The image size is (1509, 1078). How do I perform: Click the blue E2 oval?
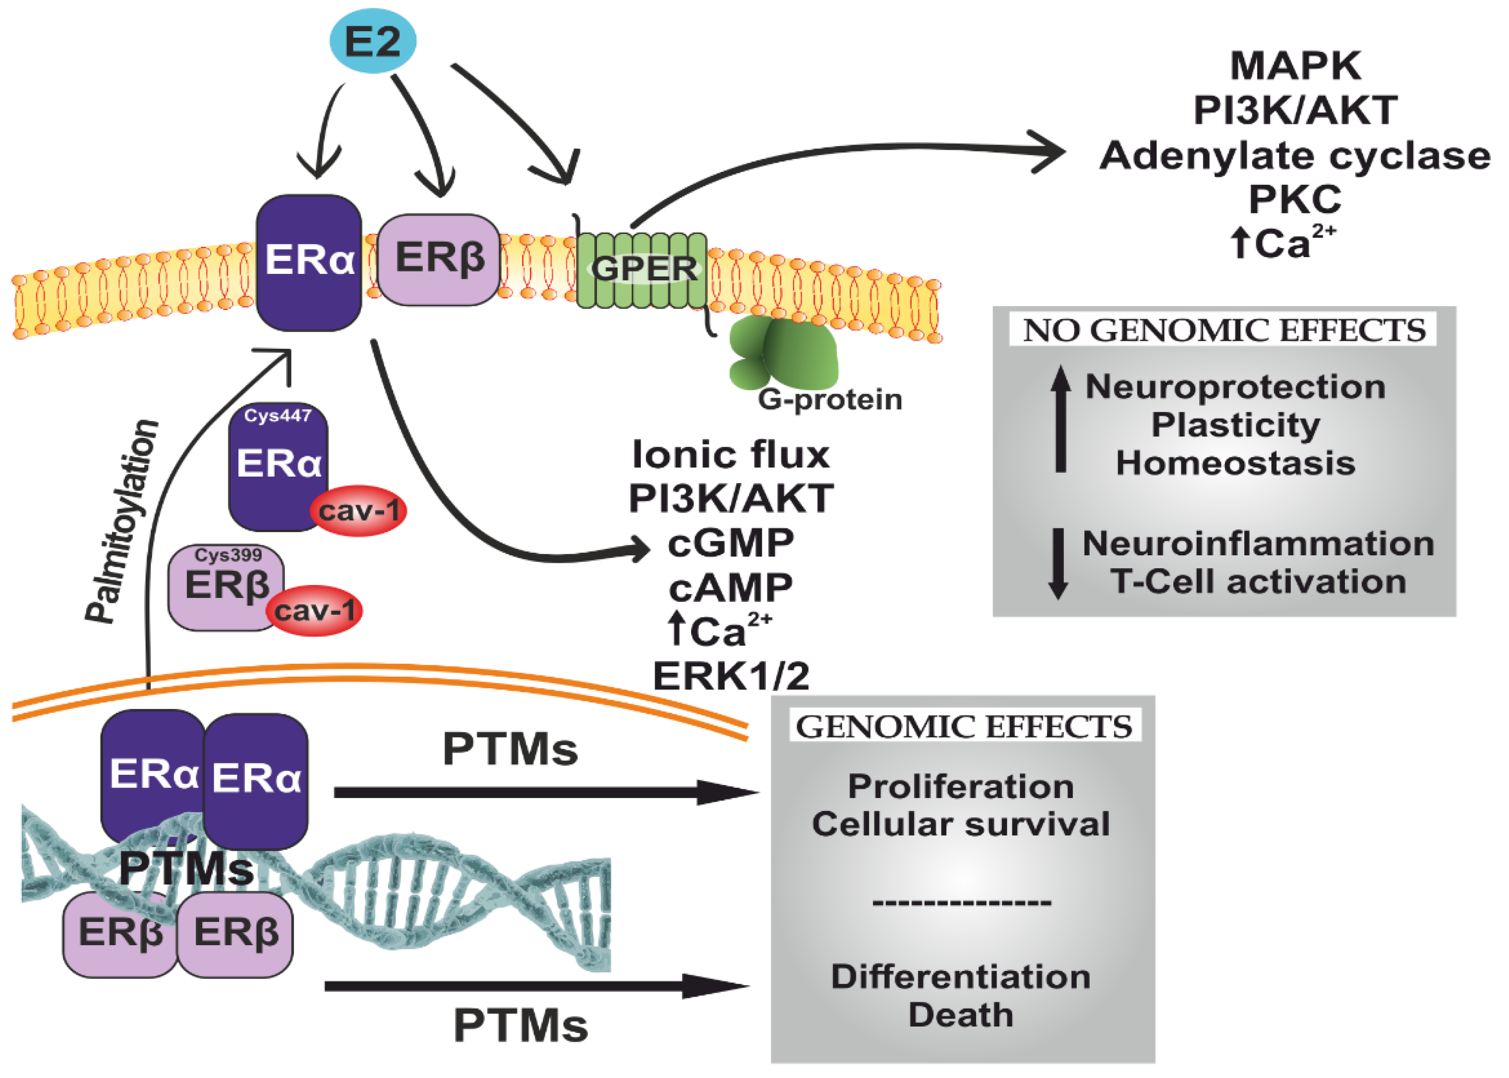tap(373, 41)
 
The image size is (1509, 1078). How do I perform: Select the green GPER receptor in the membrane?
tap(641, 269)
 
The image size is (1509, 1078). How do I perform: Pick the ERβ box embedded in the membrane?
tap(438, 259)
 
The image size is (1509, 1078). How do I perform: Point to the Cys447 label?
tap(278, 416)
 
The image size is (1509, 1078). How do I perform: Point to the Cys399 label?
tap(228, 554)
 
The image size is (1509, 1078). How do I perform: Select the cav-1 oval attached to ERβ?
tap(314, 611)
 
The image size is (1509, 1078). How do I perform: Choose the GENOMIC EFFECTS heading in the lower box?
tap(964, 727)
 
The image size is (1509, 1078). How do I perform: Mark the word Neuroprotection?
tap(1235, 387)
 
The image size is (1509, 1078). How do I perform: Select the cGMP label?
tap(731, 543)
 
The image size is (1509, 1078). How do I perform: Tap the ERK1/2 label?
tap(731, 676)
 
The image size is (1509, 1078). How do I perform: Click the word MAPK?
tap(1296, 66)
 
